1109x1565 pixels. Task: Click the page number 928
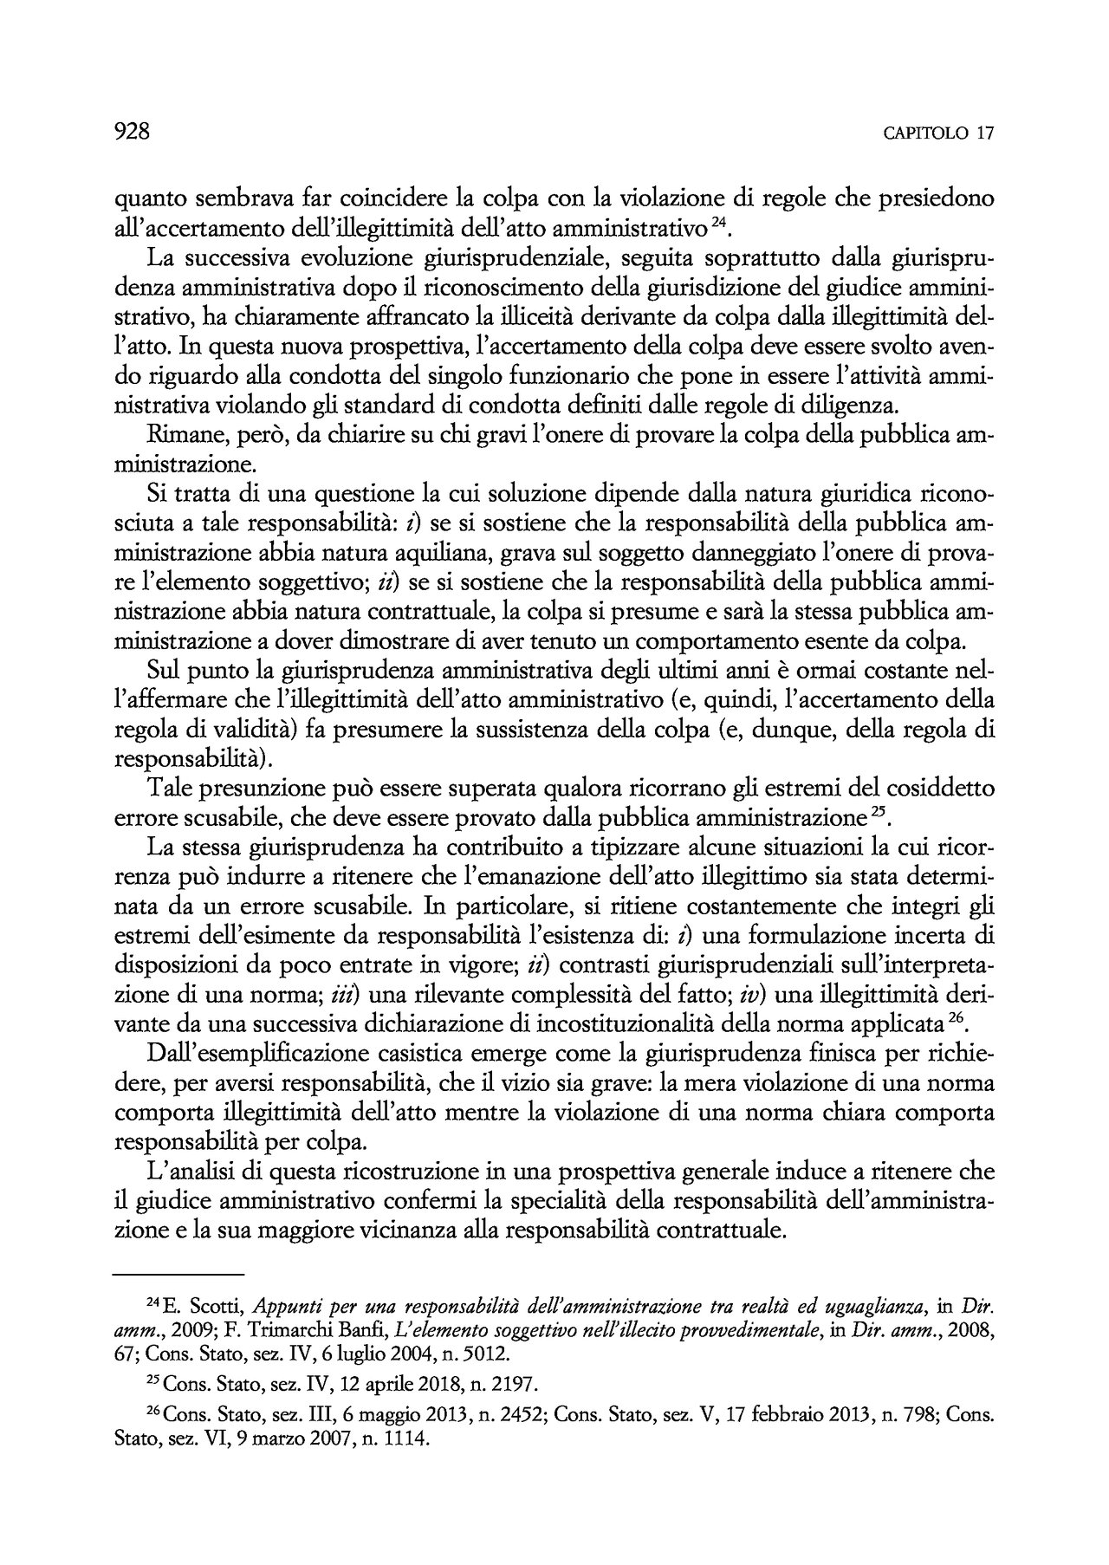133,132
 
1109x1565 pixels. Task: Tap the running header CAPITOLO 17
938,133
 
